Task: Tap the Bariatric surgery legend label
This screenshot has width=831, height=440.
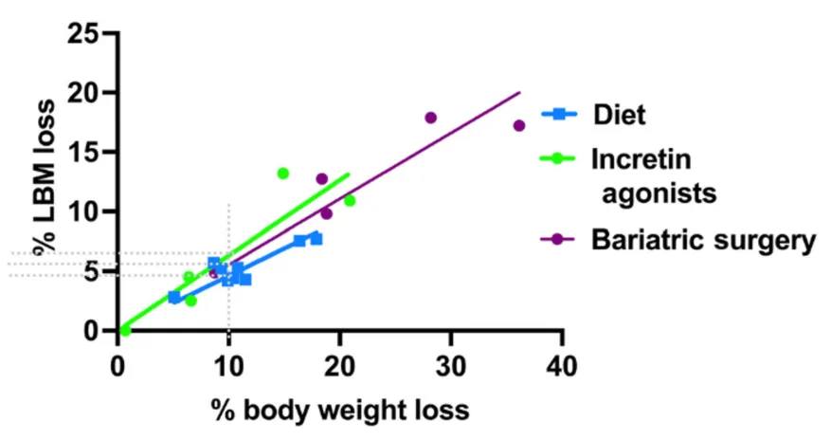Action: coord(703,240)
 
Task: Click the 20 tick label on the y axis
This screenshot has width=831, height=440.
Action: coord(83,93)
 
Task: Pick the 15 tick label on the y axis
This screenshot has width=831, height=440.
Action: coord(83,153)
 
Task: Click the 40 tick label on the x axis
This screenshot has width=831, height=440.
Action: coord(562,365)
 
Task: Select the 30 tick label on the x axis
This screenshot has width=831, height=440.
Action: coord(450,365)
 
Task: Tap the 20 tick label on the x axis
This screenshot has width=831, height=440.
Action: coord(339,365)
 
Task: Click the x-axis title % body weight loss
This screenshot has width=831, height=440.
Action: coord(339,411)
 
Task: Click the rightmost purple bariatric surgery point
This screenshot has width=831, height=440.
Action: coord(518,125)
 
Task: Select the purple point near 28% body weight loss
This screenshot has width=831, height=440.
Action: coord(430,118)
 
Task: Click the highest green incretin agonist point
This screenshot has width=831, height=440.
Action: coord(282,174)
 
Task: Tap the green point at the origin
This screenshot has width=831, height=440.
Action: coord(125,330)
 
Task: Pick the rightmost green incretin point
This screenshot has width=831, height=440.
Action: coord(350,200)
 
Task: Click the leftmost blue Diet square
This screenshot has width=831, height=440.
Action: coord(174,297)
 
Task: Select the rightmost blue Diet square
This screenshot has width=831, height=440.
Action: coord(316,238)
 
